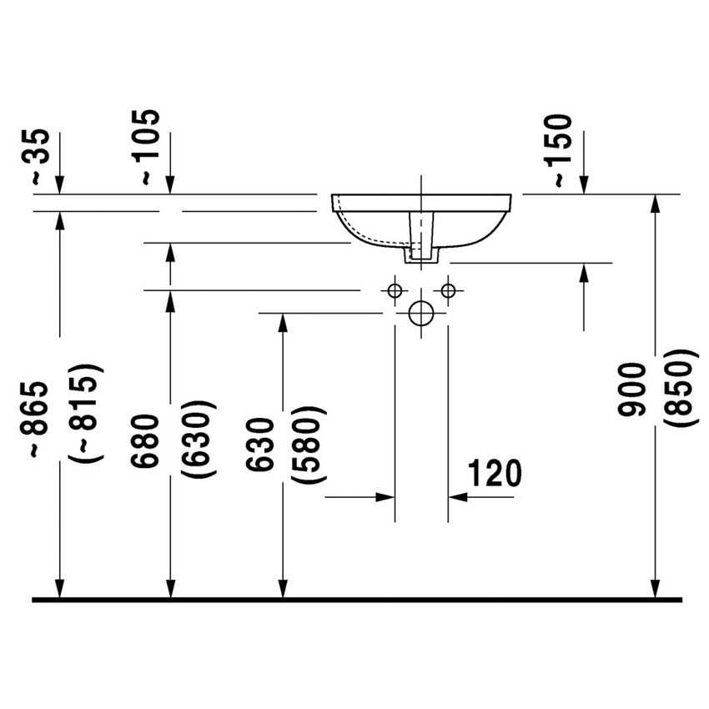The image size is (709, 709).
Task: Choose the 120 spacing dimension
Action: [x=494, y=473]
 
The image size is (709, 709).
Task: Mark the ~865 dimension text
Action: [x=42, y=419]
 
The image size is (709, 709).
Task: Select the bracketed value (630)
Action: [x=199, y=439]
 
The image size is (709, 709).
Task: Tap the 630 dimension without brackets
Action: [x=261, y=445]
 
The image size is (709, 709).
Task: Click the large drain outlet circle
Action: [x=421, y=314]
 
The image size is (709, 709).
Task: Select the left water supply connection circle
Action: [x=395, y=290]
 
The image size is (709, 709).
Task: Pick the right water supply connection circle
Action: [x=448, y=290]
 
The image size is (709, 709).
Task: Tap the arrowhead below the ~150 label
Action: [x=584, y=185]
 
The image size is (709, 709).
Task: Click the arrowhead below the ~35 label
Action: [x=59, y=185]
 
